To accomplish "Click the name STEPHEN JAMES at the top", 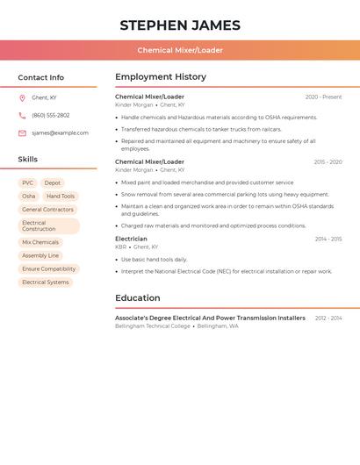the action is (x=180, y=25).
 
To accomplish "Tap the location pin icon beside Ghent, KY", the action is (x=22, y=98).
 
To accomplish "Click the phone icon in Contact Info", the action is (x=22, y=115).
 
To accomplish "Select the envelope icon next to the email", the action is (x=22, y=133).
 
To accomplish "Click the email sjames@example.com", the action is (x=60, y=133).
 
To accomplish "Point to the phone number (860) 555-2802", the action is (x=51, y=115).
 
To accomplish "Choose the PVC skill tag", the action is (x=28, y=182).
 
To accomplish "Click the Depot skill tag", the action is (x=53, y=182).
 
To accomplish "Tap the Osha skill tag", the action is (x=29, y=197).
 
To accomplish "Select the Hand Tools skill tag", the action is (x=61, y=197).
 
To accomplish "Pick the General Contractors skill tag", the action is (x=47, y=210).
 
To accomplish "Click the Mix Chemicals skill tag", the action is (x=40, y=242).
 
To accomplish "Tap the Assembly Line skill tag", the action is (x=40, y=255).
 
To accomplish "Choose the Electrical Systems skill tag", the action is (x=45, y=283).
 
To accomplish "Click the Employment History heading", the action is (x=161, y=76).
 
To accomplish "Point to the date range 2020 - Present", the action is (x=323, y=97).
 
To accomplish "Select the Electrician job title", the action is (x=131, y=239).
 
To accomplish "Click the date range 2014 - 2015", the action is (x=328, y=239).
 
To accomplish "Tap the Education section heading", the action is (x=138, y=297).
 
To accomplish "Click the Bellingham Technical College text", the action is (x=153, y=326).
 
